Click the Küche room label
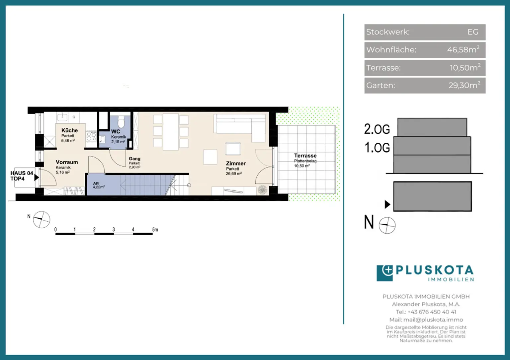click(69, 130)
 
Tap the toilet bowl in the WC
click(121, 122)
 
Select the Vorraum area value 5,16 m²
click(63, 172)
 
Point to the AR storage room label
click(96, 183)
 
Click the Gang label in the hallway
click(134, 159)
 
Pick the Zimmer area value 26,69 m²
click(234, 174)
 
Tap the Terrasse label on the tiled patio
click(305, 156)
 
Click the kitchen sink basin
click(62, 117)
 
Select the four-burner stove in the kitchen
click(91, 136)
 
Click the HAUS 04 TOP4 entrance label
click(22, 176)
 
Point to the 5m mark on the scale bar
click(155, 230)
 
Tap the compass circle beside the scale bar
click(42, 220)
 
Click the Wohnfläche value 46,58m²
click(463, 49)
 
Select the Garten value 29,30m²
click(465, 85)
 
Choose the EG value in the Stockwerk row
click(473, 32)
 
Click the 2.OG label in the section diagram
click(377, 129)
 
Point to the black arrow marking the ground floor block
click(387, 204)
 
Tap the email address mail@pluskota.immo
click(433, 320)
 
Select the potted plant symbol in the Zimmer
click(262, 190)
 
